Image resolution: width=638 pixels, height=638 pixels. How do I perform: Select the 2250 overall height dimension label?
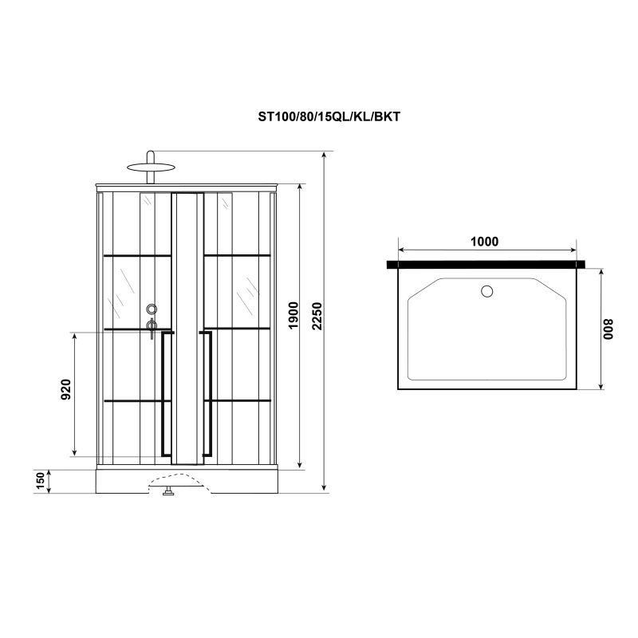click(318, 318)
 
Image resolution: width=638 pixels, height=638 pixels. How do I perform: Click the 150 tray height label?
click(40, 481)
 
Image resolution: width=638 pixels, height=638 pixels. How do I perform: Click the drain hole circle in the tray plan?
click(486, 290)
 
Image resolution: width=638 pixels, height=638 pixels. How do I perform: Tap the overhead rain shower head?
click(150, 167)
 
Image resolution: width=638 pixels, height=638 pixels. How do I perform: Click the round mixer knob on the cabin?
click(152, 309)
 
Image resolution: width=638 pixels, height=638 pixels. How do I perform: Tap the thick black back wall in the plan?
click(486, 263)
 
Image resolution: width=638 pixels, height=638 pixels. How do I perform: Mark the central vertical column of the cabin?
click(187, 327)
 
